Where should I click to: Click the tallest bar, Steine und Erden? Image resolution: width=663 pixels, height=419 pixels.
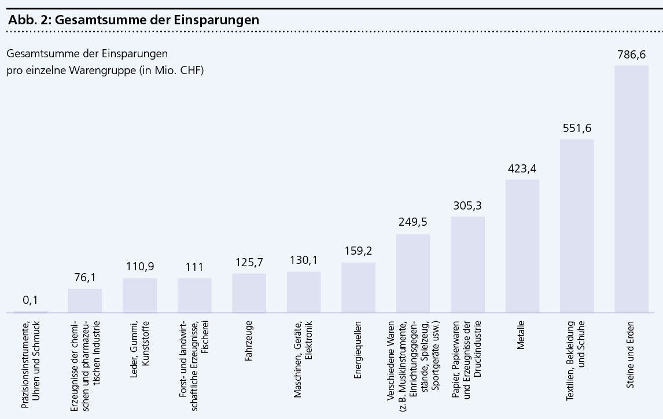(631, 189)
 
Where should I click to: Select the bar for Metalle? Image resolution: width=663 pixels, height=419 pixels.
(522, 246)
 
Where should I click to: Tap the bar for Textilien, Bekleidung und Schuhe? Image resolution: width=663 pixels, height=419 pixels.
(577, 226)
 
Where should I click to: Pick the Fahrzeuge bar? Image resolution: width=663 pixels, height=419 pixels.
(249, 293)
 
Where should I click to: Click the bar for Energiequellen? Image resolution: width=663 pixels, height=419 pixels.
(358, 288)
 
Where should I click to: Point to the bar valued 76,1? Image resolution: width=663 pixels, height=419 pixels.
(85, 300)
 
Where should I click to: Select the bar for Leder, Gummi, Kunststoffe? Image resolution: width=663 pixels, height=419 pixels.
(140, 295)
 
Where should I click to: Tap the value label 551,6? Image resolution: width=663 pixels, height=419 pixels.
(577, 128)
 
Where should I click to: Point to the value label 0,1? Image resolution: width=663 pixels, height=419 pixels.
(31, 300)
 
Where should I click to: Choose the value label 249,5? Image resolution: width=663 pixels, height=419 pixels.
(413, 223)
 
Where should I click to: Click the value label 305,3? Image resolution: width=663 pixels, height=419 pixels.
(467, 205)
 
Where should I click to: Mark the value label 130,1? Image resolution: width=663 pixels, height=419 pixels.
(304, 261)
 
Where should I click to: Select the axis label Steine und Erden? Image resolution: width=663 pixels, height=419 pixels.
(631, 347)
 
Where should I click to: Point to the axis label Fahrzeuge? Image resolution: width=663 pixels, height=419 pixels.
(249, 339)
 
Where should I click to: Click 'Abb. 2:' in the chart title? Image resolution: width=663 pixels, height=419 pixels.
(29, 19)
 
